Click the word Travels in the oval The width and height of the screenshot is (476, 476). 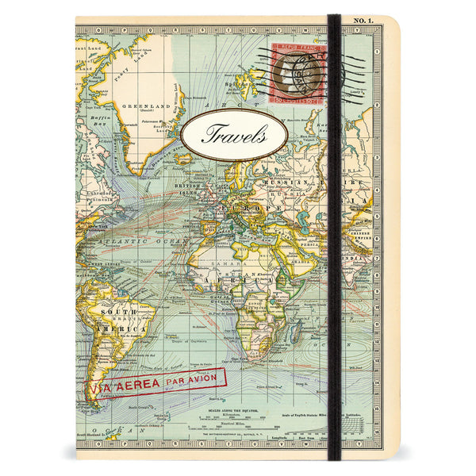click(x=234, y=133)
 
